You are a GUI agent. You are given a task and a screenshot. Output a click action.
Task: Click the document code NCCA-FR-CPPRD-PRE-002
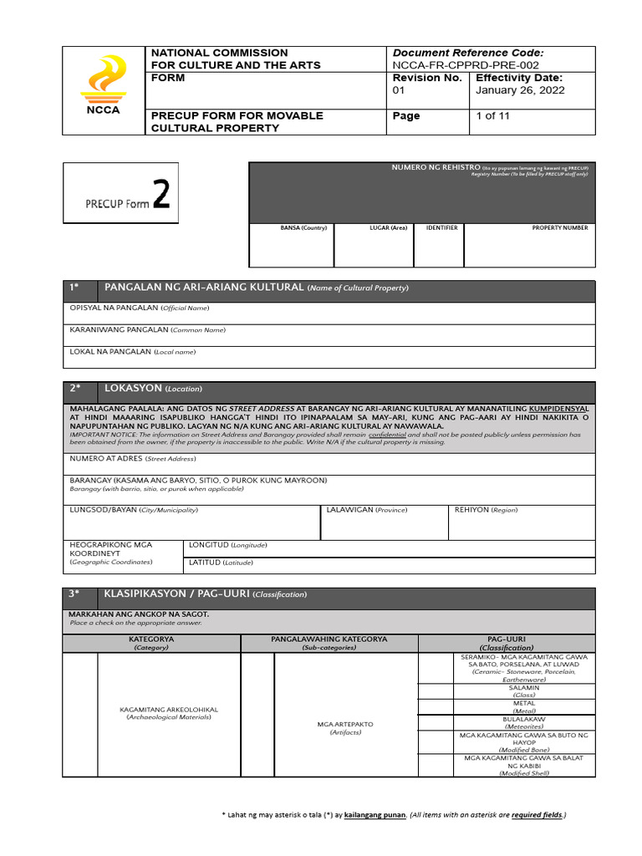click(x=466, y=65)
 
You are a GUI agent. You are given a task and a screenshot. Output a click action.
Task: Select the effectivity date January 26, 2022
click(x=520, y=90)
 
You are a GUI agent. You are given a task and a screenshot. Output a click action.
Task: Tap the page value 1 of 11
click(x=492, y=116)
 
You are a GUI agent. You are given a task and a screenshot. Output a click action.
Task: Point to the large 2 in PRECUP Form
click(x=161, y=195)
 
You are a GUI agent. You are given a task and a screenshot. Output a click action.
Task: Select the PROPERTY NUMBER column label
click(x=560, y=228)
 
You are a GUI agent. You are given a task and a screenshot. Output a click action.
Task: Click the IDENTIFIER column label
click(x=441, y=228)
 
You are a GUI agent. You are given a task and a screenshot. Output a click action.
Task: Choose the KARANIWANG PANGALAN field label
click(x=147, y=330)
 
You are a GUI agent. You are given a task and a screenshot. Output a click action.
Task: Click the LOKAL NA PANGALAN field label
click(x=132, y=352)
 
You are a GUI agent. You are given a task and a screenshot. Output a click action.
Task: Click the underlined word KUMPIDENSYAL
click(x=553, y=408)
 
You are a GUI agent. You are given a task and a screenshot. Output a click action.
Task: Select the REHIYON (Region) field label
click(x=486, y=509)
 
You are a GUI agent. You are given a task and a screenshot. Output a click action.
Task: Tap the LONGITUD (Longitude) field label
click(x=227, y=544)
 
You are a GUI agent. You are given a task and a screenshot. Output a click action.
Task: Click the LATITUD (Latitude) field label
click(x=221, y=563)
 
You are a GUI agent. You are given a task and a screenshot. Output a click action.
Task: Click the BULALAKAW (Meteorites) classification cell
click(x=523, y=722)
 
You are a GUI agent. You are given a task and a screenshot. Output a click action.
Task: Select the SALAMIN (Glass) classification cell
click(x=523, y=690)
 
